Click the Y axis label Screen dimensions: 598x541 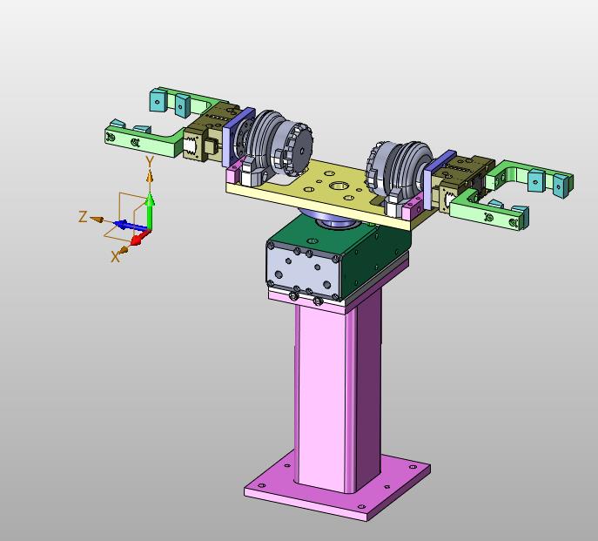coord(150,161)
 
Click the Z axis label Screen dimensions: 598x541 coord(83,217)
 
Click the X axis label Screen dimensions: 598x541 coord(115,257)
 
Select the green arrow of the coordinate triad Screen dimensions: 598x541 coord(151,212)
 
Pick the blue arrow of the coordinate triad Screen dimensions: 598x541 coord(131,226)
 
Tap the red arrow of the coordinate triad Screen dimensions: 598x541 coord(140,238)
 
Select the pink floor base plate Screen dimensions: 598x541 coord(337,485)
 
